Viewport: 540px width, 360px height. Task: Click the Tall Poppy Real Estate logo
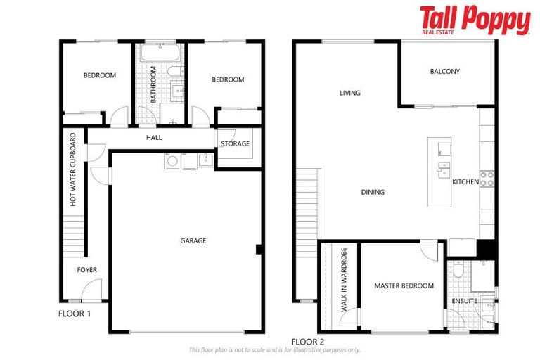pos(475,20)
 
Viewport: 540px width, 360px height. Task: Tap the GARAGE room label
pos(193,241)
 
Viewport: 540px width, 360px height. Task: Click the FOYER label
pos(87,270)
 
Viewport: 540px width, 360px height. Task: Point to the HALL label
pos(154,138)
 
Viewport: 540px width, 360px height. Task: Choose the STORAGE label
pos(235,144)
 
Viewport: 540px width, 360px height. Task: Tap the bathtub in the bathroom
pos(159,53)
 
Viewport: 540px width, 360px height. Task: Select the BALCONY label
pos(444,72)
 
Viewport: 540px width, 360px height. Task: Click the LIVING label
pos(349,93)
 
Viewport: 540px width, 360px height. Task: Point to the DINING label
pos(373,192)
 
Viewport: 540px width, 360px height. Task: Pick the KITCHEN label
pos(465,182)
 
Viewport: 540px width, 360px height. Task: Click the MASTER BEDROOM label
pos(404,286)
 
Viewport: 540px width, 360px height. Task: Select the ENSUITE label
pos(464,302)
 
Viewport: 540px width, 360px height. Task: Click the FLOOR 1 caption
pos(75,314)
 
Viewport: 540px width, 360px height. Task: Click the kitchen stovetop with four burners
pos(487,179)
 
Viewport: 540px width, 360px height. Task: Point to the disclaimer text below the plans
pos(274,350)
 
